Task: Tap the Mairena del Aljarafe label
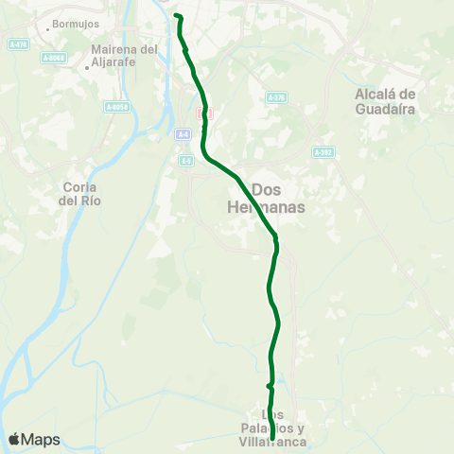[124, 55]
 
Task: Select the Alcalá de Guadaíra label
[385, 100]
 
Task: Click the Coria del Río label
[79, 194]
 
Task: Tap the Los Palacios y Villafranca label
[272, 428]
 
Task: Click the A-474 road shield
[16, 44]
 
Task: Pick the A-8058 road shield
[116, 107]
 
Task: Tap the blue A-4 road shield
[184, 135]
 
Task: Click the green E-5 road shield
[187, 161]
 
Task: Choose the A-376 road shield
[275, 97]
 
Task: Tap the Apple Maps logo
[34, 440]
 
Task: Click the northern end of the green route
[177, 15]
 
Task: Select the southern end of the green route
[272, 439]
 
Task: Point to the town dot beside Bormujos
[48, 23]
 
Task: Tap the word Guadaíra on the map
[385, 108]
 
